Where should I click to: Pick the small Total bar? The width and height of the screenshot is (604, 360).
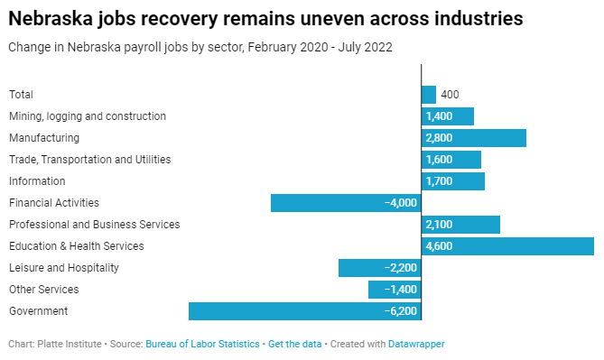click(429, 95)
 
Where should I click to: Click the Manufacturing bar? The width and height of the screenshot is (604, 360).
click(474, 138)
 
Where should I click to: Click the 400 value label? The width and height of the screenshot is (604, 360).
click(451, 95)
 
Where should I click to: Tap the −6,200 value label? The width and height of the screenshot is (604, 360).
click(400, 311)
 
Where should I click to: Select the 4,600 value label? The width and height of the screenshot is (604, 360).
click(439, 246)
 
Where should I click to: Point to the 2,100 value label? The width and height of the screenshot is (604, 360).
click(439, 225)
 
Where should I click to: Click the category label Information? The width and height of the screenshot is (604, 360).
click(37, 181)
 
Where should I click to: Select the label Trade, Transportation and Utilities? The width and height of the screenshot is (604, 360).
click(89, 160)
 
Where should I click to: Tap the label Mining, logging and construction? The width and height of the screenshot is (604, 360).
click(88, 116)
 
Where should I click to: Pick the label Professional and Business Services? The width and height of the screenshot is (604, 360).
click(95, 225)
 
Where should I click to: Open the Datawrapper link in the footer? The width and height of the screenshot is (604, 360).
click(416, 344)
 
